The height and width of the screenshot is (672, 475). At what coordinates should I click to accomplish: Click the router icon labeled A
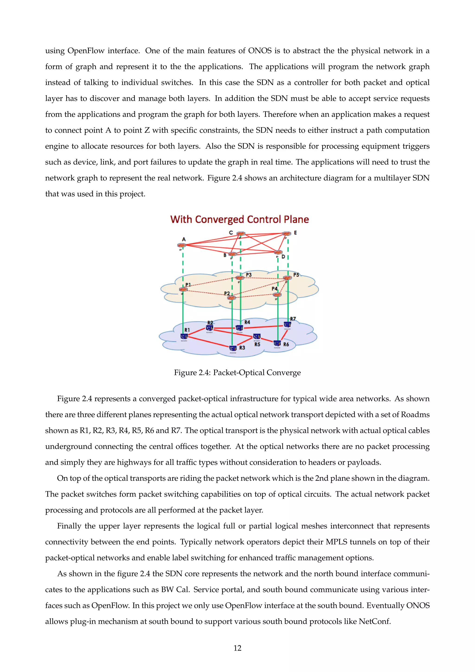181,245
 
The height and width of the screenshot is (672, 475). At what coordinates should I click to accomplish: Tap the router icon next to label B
232,254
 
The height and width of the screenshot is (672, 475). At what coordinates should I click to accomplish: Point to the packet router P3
240,278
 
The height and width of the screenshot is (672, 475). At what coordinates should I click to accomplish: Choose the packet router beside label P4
277,294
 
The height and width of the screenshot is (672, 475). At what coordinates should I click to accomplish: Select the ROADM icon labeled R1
184,337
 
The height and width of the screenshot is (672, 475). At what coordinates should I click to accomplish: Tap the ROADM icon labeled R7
287,325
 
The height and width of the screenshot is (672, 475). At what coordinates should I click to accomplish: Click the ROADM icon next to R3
233,348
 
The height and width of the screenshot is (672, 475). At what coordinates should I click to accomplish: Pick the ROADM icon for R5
257,337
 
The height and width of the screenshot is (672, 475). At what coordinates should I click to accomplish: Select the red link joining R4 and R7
263,327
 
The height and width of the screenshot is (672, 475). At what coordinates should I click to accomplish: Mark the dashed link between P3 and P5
263,278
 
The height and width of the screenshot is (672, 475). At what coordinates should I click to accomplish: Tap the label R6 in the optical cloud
286,345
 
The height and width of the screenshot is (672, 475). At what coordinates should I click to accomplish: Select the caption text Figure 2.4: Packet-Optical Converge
237,373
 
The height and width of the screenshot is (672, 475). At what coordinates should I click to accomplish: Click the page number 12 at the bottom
237,648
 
